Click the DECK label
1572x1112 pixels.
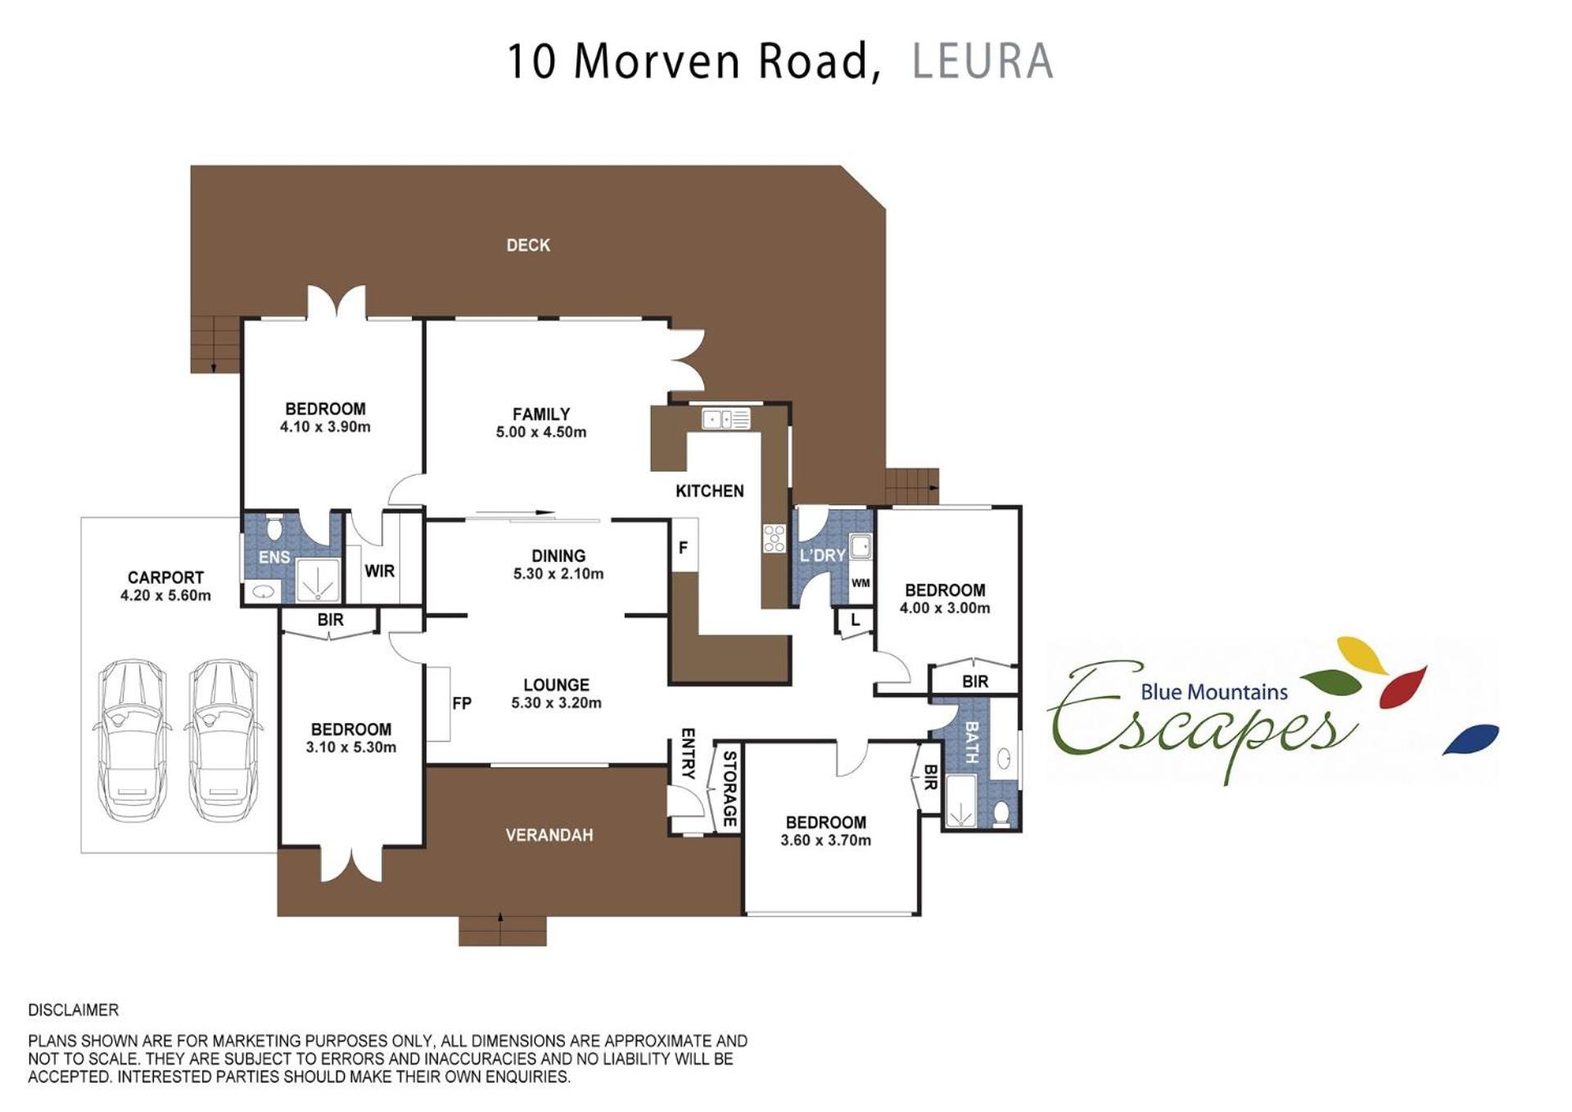pos(528,245)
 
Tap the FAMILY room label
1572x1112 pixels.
pos(541,414)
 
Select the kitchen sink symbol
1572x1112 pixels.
pos(726,419)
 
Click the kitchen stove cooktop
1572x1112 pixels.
pos(774,539)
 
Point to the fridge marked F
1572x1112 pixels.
pos(684,546)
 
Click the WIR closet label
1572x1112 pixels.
pos(380,571)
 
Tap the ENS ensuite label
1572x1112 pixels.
pos(274,557)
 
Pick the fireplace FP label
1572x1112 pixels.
pos(462,703)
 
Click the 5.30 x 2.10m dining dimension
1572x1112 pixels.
pos(558,574)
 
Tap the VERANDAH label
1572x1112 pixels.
pos(549,835)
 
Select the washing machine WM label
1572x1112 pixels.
pos(861,583)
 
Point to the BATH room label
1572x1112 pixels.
pos(972,742)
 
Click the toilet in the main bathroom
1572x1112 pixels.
pos(1001,814)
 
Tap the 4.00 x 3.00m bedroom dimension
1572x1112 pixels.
pos(945,608)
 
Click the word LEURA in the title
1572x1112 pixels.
pos(982,61)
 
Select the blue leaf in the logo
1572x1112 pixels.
pos(1470,739)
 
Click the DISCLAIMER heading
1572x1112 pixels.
pos(74,1010)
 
